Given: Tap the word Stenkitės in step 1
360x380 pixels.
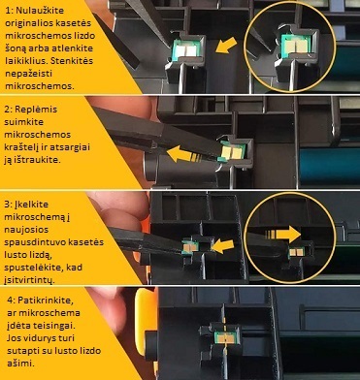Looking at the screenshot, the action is coord(72,61).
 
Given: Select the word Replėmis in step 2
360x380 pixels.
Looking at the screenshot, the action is coord(36,110).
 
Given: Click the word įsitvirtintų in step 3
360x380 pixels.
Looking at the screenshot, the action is coord(28,280).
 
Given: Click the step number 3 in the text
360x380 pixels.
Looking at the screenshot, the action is coord(7,205).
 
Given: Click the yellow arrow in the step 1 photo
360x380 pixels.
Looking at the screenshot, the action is coord(226,46).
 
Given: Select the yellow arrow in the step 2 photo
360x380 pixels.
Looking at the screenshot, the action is coord(183,154).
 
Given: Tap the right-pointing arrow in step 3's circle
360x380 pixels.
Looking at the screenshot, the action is coord(283,235).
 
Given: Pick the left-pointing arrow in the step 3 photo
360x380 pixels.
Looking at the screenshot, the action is coord(222,246).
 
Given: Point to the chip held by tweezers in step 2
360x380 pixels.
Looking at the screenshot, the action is coord(232,151).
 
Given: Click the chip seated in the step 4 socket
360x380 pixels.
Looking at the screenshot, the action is coord(226,337).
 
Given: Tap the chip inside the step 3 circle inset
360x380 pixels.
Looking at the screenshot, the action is coord(296,252).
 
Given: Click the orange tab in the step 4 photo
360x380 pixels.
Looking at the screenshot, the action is coord(144,322).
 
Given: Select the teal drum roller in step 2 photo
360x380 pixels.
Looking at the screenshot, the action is coord(330,167).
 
